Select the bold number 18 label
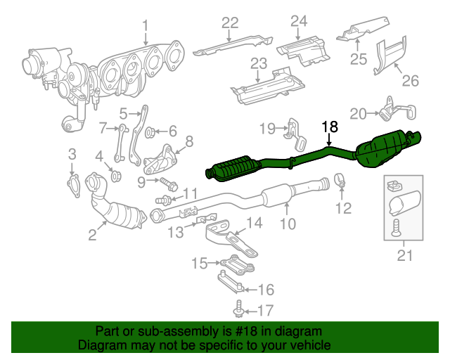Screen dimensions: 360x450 (x=330, y=127)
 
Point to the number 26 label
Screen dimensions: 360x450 (x=409, y=80)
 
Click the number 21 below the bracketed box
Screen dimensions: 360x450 (x=405, y=256)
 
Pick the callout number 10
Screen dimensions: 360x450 (x=288, y=224)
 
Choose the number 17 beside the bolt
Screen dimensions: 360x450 (x=264, y=309)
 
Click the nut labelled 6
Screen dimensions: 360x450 (x=150, y=131)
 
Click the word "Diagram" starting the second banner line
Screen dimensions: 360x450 (x=100, y=345)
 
